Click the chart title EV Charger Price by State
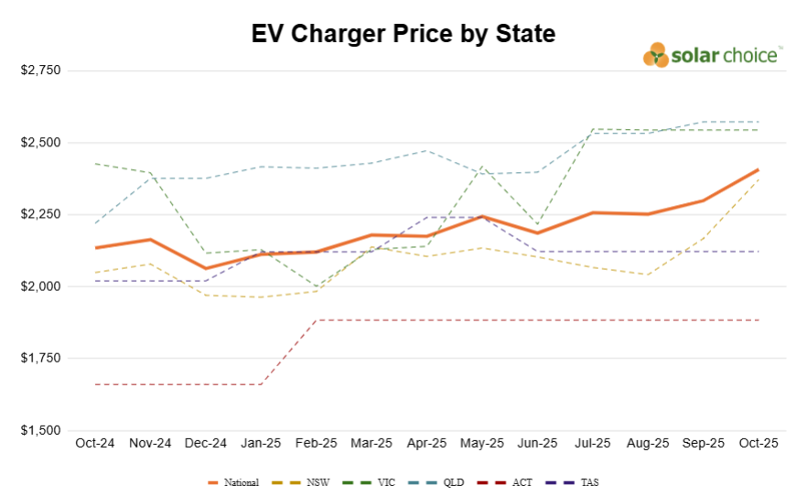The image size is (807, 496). click(403, 35)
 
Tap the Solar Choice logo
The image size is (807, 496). click(713, 55)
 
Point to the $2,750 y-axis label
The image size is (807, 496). click(39, 70)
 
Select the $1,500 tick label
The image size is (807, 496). click(39, 430)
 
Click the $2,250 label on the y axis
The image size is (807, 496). click(39, 215)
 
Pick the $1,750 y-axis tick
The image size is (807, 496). click(39, 359)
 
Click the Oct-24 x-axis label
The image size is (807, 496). click(95, 443)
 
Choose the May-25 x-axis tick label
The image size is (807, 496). click(482, 443)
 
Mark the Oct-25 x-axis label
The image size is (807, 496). click(759, 443)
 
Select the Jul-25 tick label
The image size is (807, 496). click(593, 443)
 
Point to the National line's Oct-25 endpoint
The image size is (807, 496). click(759, 169)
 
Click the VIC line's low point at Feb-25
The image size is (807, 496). click(317, 286)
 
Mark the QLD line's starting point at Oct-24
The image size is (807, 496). click(95, 223)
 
